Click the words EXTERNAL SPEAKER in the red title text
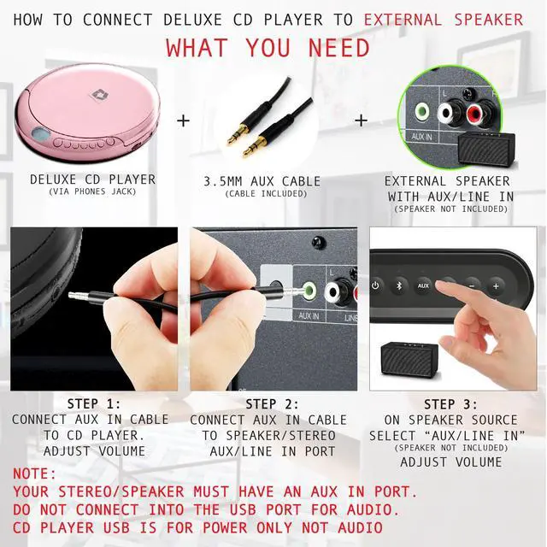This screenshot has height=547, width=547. (x=444, y=19)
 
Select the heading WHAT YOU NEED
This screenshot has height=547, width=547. (x=268, y=47)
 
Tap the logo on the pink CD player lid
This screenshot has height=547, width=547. (x=84, y=85)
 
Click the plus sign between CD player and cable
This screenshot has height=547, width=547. (x=183, y=121)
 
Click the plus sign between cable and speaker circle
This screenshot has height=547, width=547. (x=361, y=121)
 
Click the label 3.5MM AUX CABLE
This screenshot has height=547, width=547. (x=262, y=181)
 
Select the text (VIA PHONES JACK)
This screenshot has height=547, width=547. (x=92, y=192)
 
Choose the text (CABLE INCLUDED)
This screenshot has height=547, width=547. (x=262, y=194)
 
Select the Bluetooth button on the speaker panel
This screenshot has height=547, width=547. (x=398, y=285)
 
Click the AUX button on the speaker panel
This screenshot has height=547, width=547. (x=423, y=285)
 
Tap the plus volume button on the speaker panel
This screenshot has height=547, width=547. (x=496, y=286)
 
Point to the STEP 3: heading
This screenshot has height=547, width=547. (x=450, y=404)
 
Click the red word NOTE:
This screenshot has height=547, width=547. (x=35, y=473)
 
